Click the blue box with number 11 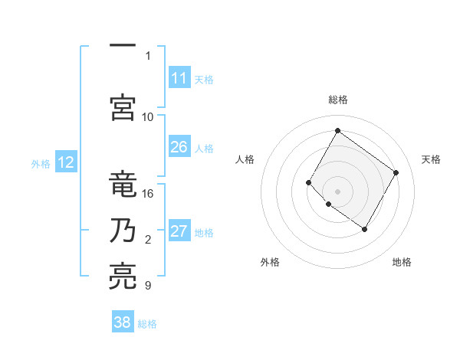(x=179, y=78)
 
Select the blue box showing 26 (x=179, y=147)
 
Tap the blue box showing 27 (x=179, y=232)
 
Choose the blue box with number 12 (x=65, y=162)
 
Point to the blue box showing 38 (x=123, y=322)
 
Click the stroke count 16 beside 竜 (x=148, y=193)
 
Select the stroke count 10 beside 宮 (x=148, y=116)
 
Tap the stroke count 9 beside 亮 (x=148, y=286)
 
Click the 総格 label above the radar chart (x=337, y=100)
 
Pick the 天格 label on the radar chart (x=431, y=159)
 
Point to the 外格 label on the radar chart (x=270, y=262)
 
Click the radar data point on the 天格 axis (x=396, y=172)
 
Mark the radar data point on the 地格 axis (x=364, y=229)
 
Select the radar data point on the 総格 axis (x=337, y=130)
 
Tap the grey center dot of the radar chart (x=337, y=191)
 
